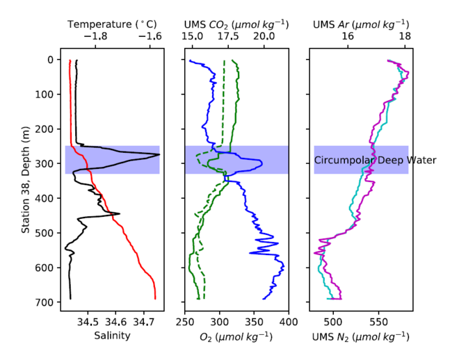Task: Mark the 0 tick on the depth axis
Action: (53, 60)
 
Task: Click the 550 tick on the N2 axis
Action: (378, 322)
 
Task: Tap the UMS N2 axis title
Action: (360, 337)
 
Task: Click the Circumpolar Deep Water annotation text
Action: (375, 160)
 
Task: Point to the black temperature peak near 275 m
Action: (159, 154)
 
